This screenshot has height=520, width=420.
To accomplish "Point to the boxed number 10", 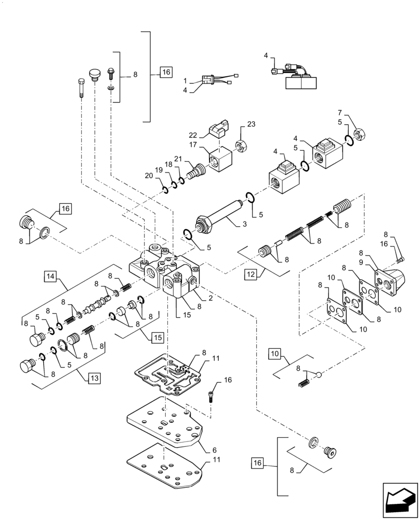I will tap(275, 355).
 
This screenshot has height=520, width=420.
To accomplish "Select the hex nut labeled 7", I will tap(358, 136).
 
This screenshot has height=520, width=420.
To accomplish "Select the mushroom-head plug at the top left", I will tap(94, 74).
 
